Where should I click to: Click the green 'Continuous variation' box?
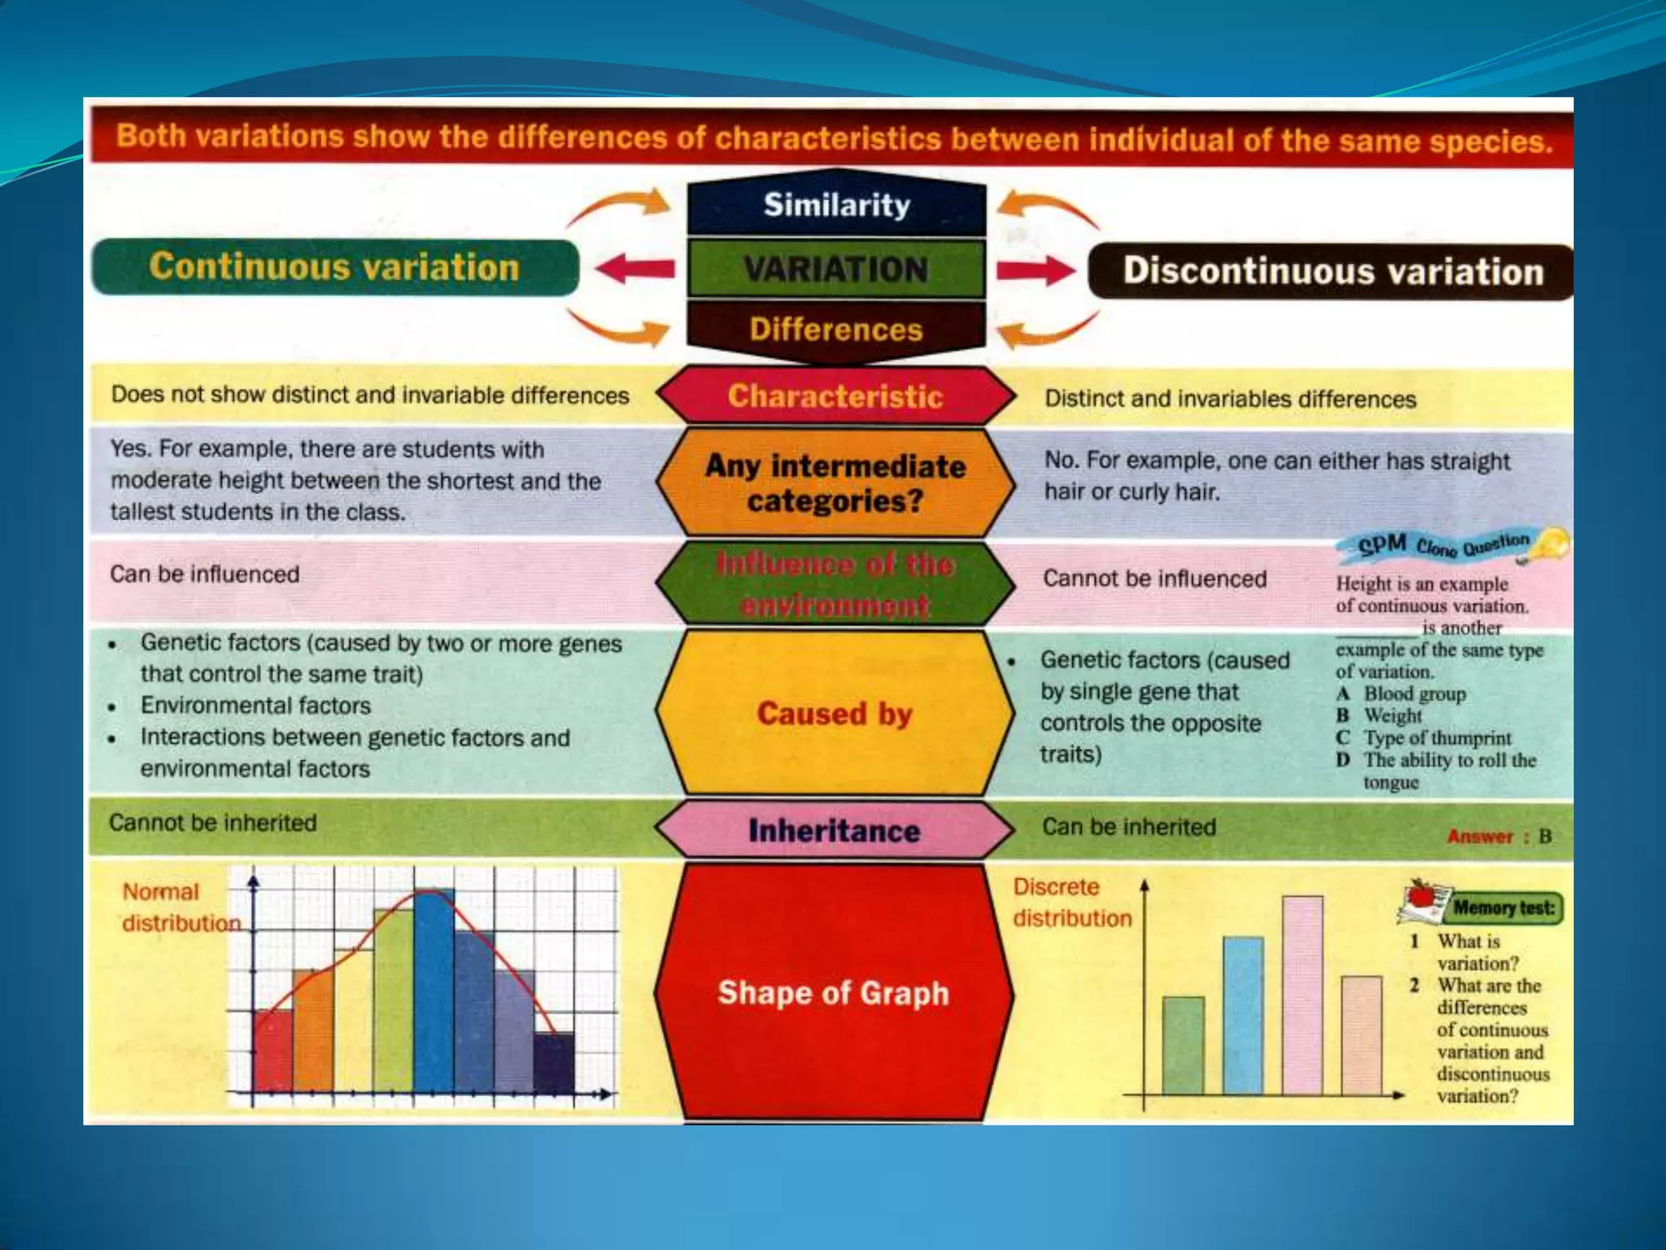click(x=335, y=267)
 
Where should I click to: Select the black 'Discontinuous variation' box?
click(x=1332, y=272)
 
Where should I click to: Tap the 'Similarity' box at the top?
click(x=836, y=205)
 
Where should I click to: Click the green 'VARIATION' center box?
click(x=836, y=269)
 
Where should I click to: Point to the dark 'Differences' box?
click(x=836, y=330)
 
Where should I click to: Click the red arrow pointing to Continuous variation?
click(x=635, y=268)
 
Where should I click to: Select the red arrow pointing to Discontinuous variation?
click(x=1036, y=269)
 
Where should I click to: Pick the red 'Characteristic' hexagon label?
click(x=835, y=396)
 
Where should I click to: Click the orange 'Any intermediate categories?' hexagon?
click(x=835, y=483)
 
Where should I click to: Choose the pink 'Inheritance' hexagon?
click(x=835, y=831)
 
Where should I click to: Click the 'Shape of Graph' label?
click(x=834, y=993)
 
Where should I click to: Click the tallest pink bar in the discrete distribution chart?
click(x=1302, y=994)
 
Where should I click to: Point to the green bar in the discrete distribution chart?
click(x=1184, y=1045)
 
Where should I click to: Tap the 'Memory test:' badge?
click(x=1503, y=907)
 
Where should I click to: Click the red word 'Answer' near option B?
click(x=1480, y=837)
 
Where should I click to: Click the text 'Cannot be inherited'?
click(x=213, y=823)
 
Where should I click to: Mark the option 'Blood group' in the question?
click(x=1415, y=694)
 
